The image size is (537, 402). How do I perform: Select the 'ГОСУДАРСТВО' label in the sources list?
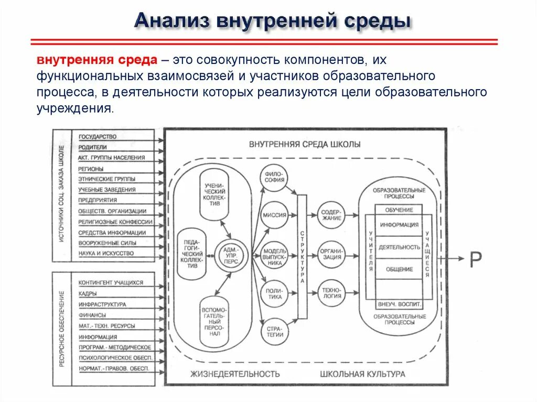click(98, 137)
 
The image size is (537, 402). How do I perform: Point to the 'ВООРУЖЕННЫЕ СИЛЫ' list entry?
click(108, 243)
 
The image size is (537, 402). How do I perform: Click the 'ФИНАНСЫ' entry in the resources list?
click(92, 315)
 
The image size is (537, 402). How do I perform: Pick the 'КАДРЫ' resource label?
click(88, 294)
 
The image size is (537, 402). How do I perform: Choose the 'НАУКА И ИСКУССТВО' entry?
click(106, 254)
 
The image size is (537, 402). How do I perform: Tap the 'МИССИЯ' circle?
click(275, 215)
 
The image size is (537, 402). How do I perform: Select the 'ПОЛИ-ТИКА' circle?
click(275, 294)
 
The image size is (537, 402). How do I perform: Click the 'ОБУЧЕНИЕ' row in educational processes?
click(399, 210)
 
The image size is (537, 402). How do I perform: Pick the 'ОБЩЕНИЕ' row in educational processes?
click(399, 269)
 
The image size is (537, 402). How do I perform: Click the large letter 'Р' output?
click(475, 259)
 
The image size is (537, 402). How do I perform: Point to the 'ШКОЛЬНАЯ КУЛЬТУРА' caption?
click(362, 374)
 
